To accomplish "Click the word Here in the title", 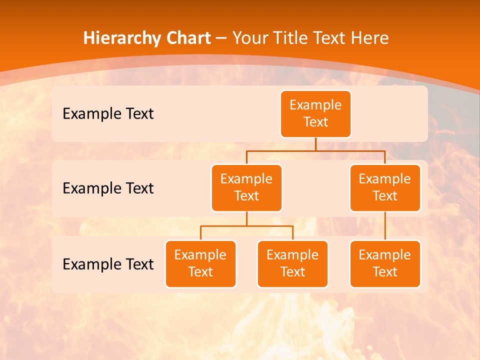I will point(370,38).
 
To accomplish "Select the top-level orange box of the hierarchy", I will point(315,114).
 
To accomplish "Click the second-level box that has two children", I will point(246,188).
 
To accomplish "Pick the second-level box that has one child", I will point(385,188).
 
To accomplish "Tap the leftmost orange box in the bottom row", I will point(200,264).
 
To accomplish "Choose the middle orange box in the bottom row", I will point(292,264).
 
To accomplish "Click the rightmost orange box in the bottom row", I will point(385,264).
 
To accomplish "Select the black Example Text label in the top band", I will point(108,114).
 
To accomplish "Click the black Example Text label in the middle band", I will point(108,188).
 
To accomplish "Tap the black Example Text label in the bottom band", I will point(108,264).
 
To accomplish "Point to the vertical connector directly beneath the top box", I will point(315,144).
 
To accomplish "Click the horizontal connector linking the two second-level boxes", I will point(280,150).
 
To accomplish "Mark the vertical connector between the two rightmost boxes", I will point(385,226).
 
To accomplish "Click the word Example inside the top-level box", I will point(315,105).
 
